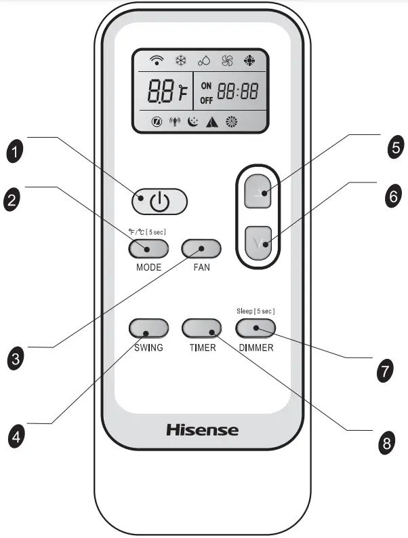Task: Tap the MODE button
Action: coord(147,249)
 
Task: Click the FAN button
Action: coord(202,249)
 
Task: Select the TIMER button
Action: coord(202,329)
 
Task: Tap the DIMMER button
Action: coord(256,329)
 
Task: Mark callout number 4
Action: coord(16,434)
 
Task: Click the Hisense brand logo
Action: coord(202,429)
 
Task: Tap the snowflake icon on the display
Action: coord(181,61)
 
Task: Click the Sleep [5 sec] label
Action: coord(256,311)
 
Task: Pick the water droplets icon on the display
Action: coord(204,61)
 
